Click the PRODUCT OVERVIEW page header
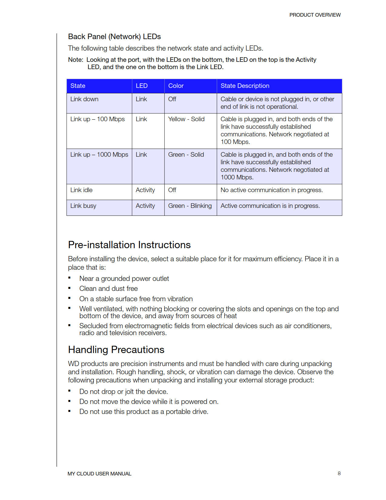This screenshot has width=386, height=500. pos(315,15)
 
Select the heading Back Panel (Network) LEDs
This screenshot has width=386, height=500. pos(114,37)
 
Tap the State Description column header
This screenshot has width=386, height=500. pos(245,86)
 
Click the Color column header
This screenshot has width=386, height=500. pos(176,86)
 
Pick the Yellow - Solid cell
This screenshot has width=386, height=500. pos(186,119)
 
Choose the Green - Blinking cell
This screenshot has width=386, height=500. pos(190,206)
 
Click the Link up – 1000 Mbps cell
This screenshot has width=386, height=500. pos(99,155)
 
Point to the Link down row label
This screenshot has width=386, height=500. pos(84,99)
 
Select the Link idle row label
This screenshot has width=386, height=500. pos(81,190)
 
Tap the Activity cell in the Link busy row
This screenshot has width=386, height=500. pos(145,206)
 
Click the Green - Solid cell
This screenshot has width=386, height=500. pos(186,155)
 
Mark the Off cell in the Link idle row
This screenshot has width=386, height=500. pos(172,190)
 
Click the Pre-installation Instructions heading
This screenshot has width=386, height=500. pos(129,245)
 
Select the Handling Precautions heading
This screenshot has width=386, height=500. pos(116,350)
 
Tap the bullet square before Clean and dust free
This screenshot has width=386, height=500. pos(69,288)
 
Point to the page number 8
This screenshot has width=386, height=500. pos(339,473)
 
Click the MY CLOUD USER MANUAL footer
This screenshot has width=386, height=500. pos(99,474)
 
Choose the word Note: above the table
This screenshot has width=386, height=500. pos(75,60)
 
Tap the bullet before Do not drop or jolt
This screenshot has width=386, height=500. pos(69,391)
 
